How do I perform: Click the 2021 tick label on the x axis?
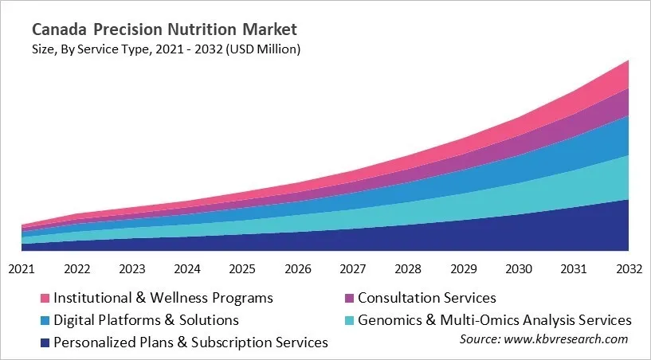click(22, 268)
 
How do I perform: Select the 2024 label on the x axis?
click(187, 268)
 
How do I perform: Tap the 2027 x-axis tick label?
click(353, 268)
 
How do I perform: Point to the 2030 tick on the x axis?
click(519, 268)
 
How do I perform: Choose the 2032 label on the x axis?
click(629, 268)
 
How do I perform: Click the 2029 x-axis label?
click(464, 268)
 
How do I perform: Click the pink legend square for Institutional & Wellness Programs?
click(46, 299)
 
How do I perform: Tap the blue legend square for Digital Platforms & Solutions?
click(46, 320)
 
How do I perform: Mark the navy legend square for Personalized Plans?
click(46, 342)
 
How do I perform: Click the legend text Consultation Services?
click(427, 298)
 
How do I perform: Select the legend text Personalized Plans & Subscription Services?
click(191, 342)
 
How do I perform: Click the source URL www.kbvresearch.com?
click(567, 339)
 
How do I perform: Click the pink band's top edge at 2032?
click(628, 61)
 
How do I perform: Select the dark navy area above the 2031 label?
click(574, 231)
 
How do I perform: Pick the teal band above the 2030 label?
click(519, 198)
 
